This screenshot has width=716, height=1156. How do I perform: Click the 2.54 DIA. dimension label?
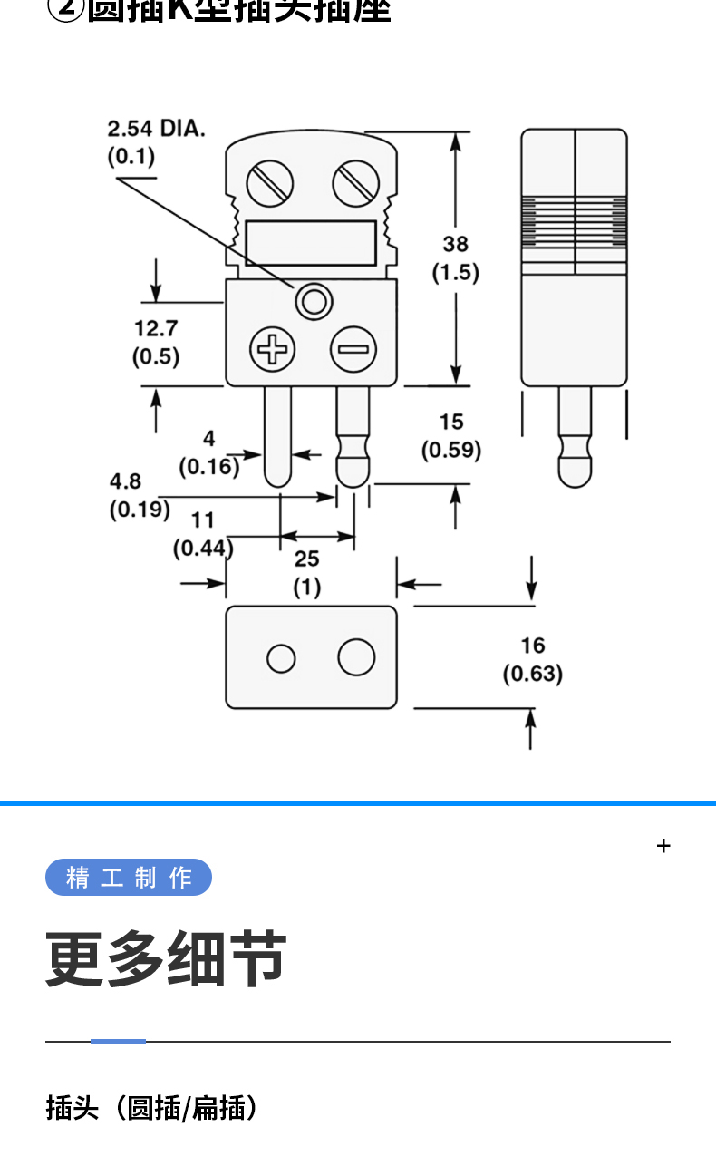point(157,128)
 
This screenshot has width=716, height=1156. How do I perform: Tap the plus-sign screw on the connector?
point(273,349)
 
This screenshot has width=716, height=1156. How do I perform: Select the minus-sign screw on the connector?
point(353,349)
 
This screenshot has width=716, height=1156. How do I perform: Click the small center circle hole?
point(314,301)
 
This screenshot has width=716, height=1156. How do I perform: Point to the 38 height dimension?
point(455,244)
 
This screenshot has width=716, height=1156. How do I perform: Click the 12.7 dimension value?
point(156,328)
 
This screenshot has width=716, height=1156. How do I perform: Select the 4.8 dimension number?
point(126,481)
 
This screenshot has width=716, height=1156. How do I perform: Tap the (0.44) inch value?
point(203,548)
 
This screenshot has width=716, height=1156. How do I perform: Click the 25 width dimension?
point(306,559)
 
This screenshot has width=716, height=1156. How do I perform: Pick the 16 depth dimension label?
point(533,646)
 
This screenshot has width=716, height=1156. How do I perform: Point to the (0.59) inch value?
point(451,450)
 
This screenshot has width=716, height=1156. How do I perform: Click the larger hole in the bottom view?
point(356,657)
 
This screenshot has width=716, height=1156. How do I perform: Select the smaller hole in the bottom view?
point(281,658)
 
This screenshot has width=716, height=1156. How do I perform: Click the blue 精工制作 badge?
point(129,878)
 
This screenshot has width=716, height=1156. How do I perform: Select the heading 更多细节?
point(167,959)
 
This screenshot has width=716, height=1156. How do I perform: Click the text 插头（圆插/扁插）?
point(152,1107)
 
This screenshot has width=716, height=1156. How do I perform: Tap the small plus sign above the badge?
point(663,846)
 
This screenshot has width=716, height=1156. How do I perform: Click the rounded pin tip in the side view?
point(575,471)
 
